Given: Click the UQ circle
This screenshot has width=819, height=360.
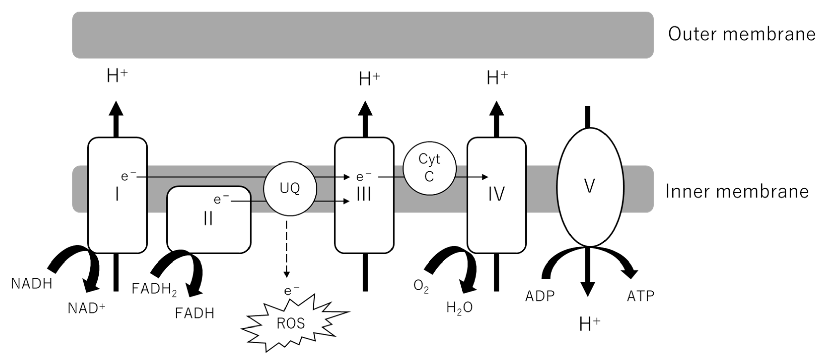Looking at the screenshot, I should coord(290,189).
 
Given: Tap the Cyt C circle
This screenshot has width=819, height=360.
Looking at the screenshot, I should coord(430,168).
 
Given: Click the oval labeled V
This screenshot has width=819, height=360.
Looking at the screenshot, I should coord(590,187).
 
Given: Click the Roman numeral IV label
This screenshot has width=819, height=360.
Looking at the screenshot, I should coord(496,194).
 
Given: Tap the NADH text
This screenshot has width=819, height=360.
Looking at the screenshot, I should coord(31,284).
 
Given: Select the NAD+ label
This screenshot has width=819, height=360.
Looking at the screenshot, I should coord(86,308).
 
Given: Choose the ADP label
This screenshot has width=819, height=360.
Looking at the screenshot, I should coord(540,296).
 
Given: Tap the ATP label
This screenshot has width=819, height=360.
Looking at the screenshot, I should coord(640,296).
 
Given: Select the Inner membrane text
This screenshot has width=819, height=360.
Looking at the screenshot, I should coord(737,191).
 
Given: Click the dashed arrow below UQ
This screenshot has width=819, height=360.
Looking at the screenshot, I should coord(287,248).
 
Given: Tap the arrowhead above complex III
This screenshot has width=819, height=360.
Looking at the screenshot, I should coord(365,109).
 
